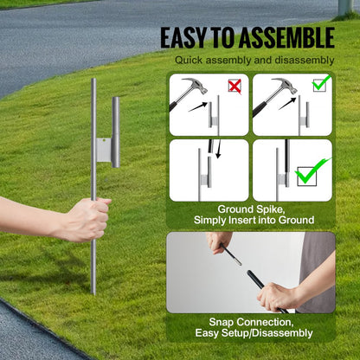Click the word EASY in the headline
[x=184, y=38]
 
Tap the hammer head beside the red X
[x=191, y=87]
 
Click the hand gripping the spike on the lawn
[x=87, y=219]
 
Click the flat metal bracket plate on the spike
[x=103, y=152]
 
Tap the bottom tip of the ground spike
[x=93, y=292]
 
